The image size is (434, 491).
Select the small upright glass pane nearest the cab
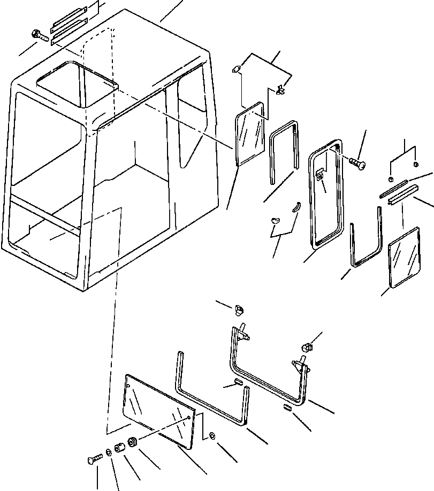coord(250,134)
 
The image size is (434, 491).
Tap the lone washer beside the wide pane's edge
coord(213,437)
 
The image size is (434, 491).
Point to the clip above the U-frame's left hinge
coord(240,308)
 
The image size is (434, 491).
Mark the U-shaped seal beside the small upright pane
coord(284,148)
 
